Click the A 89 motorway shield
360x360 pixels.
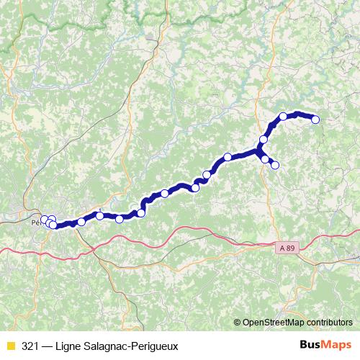pyautogui.click(x=286, y=247)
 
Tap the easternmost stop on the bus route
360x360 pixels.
pyautogui.click(x=315, y=120)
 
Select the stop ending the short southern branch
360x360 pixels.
pyautogui.click(x=274, y=166)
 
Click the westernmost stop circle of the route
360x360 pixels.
pyautogui.click(x=44, y=220)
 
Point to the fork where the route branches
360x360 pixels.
pyautogui.click(x=258, y=150)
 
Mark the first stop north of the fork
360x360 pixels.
pyautogui.click(x=264, y=139)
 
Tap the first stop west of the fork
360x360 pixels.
pyautogui.click(x=228, y=157)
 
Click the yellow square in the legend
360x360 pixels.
pyautogui.click(x=9, y=346)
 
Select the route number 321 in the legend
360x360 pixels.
pyautogui.click(x=30, y=346)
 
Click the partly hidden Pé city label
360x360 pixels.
pyautogui.click(x=36, y=222)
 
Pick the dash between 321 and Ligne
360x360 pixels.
pyautogui.click(x=49, y=346)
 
